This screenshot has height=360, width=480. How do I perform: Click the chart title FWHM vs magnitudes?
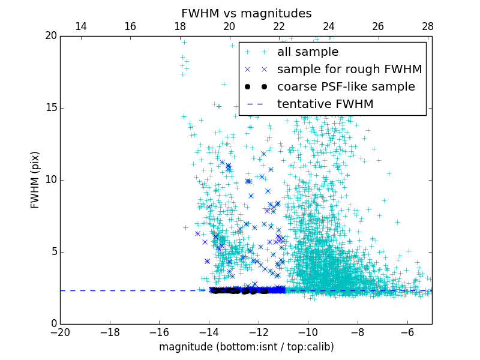point(246,13)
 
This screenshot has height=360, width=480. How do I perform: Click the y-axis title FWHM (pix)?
point(35,179)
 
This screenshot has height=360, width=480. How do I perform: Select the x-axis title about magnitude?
point(246,347)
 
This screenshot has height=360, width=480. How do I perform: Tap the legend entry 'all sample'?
point(308,52)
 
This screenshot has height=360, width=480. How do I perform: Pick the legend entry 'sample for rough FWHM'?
point(349,70)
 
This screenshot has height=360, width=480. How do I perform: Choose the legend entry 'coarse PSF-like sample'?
point(346,87)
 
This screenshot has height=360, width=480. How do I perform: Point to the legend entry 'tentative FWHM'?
point(325,104)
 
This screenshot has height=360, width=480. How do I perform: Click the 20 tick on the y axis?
point(50,36)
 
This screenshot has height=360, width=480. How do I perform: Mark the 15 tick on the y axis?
point(50,108)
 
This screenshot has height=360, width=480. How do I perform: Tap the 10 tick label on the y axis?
point(50,180)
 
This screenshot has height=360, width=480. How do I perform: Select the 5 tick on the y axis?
point(53,252)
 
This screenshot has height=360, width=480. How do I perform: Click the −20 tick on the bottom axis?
point(60,332)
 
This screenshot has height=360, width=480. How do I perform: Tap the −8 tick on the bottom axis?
point(358,332)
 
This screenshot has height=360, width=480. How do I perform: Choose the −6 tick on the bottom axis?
point(407,332)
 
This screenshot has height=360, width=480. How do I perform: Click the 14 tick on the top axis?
point(80,26)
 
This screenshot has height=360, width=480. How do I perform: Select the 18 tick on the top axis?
point(180,26)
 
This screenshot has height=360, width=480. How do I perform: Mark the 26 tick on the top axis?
point(378,26)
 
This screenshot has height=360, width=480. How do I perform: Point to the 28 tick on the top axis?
point(427,26)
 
